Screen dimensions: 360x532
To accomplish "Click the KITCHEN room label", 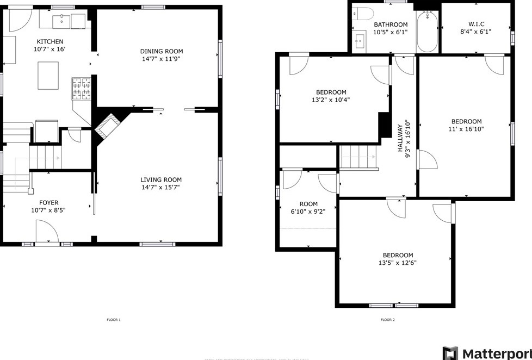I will (50, 42).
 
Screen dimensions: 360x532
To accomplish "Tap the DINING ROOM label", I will (159, 52).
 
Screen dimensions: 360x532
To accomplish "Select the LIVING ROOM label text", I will (161, 180).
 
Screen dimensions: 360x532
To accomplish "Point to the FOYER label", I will (45, 203).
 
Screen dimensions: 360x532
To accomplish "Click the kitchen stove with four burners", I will (82, 89).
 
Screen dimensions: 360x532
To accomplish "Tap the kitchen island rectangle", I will (48, 75).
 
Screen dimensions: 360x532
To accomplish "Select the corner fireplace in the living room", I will (107, 126).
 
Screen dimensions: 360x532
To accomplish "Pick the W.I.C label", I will (476, 24).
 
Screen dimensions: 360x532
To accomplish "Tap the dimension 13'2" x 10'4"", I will (330, 100).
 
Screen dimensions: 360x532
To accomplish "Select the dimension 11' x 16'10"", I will (466, 129).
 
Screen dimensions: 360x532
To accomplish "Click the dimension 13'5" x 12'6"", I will (398, 263).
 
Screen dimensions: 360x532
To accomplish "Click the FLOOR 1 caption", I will (113, 320).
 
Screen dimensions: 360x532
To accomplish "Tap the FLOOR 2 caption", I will (387, 320).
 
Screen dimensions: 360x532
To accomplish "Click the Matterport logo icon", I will (450, 353).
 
